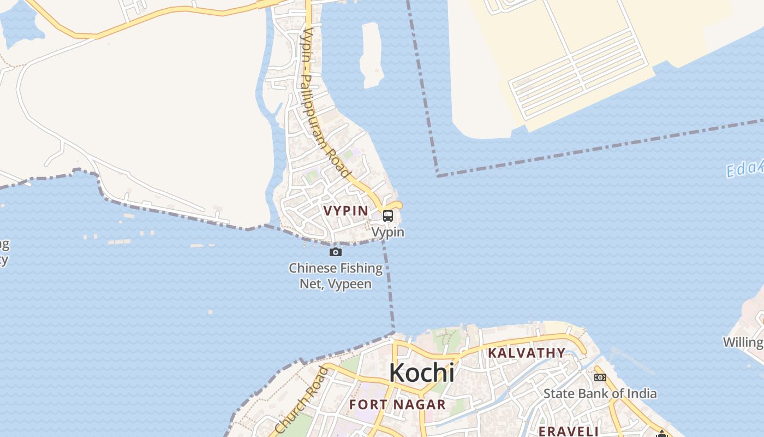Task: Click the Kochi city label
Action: pyautogui.click(x=421, y=373)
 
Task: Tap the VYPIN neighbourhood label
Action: pyautogui.click(x=345, y=210)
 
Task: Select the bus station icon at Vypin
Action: pyautogui.click(x=387, y=215)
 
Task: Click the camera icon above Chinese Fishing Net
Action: pyautogui.click(x=336, y=252)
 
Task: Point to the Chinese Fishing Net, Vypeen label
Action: pyautogui.click(x=336, y=276)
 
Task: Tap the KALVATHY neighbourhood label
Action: pyautogui.click(x=526, y=353)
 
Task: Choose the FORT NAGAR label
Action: pyautogui.click(x=397, y=405)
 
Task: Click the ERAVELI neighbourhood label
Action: pyautogui.click(x=569, y=431)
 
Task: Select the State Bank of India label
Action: pyautogui.click(x=600, y=393)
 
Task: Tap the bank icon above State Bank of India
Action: pyautogui.click(x=600, y=377)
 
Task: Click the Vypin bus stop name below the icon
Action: pyautogui.click(x=387, y=232)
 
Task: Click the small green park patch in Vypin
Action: pyautogui.click(x=311, y=176)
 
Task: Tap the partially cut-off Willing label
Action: pyautogui.click(x=743, y=342)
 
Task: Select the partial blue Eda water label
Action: pyautogui.click(x=744, y=169)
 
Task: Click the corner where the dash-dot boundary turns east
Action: pyautogui.click(x=438, y=175)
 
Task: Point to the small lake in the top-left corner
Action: pyautogui.click(x=21, y=25)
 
